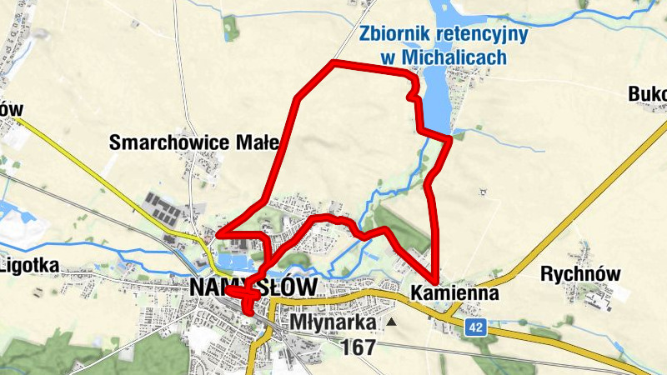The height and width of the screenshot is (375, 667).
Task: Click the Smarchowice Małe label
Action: (x=194, y=142)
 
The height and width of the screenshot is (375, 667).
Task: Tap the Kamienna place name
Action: (x=454, y=293)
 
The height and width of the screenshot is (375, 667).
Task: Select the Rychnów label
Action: (x=581, y=273)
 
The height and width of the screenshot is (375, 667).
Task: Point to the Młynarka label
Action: (x=334, y=322)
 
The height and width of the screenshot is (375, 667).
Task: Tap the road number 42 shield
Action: (x=476, y=328)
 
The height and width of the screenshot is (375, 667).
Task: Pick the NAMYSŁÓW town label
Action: (x=253, y=287)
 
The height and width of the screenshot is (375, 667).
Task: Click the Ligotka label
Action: (x=29, y=266)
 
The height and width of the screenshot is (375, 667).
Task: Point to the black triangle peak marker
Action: (x=390, y=321)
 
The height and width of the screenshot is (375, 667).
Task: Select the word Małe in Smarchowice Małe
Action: (x=258, y=142)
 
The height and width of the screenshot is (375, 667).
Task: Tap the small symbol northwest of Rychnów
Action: (x=481, y=194)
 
